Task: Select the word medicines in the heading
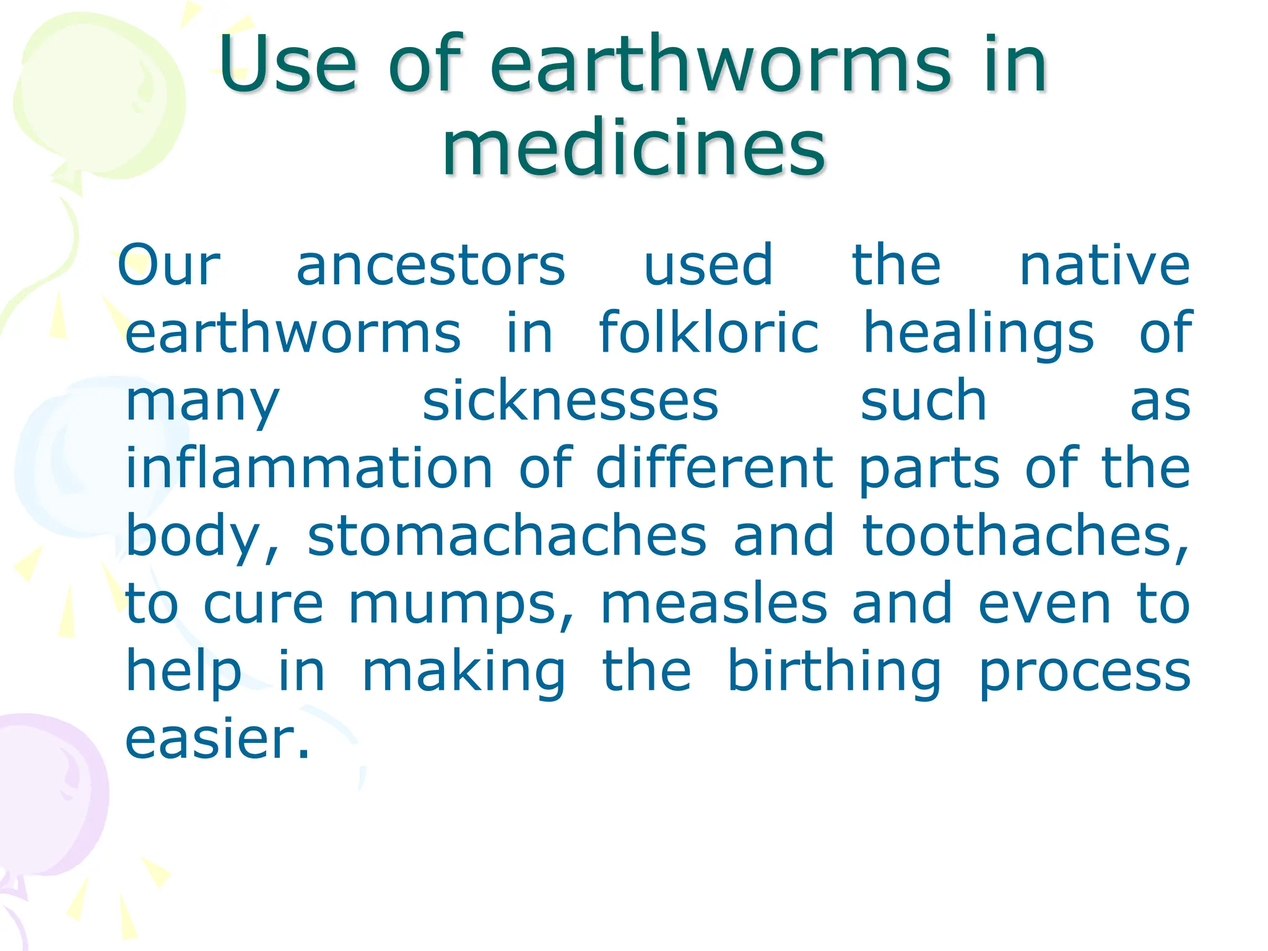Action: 633,149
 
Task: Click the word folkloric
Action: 709,332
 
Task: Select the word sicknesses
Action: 570,401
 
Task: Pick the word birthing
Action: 834,672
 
